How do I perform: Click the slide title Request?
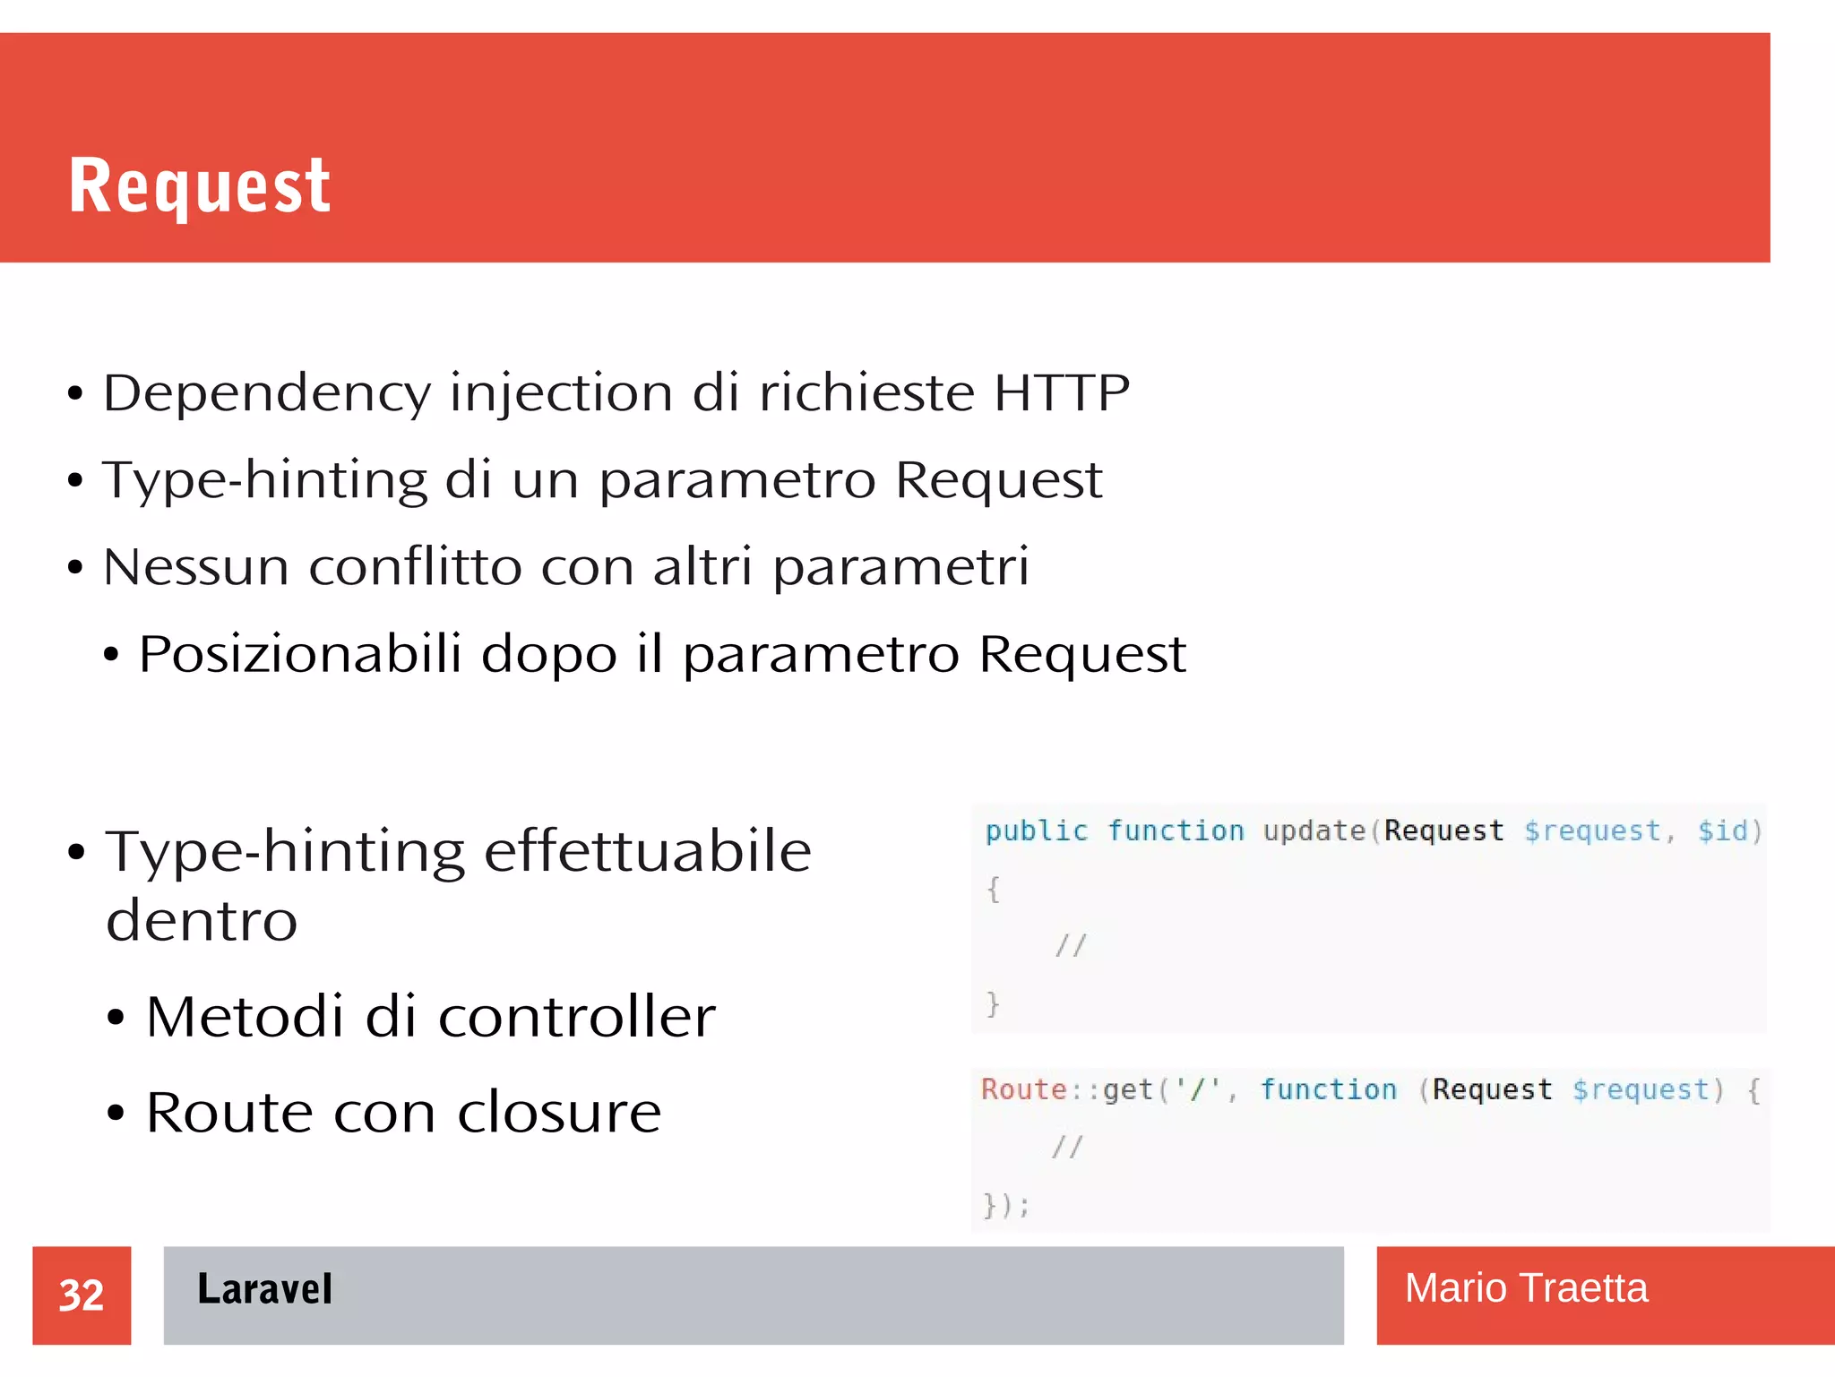point(200,185)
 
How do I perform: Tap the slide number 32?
point(82,1295)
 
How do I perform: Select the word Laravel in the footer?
point(264,1289)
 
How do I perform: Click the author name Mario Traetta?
point(1526,1288)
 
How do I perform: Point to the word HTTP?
point(1062,392)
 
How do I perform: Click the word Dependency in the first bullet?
point(267,394)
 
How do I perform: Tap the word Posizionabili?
point(300,653)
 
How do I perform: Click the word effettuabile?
point(648,851)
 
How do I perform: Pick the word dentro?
point(202,920)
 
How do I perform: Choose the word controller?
point(576,1017)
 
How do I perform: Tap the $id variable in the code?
point(1723,831)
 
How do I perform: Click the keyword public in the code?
point(1036,831)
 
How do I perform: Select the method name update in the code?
point(1314,831)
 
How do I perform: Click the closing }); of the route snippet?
point(1006,1205)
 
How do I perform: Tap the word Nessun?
point(196,567)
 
